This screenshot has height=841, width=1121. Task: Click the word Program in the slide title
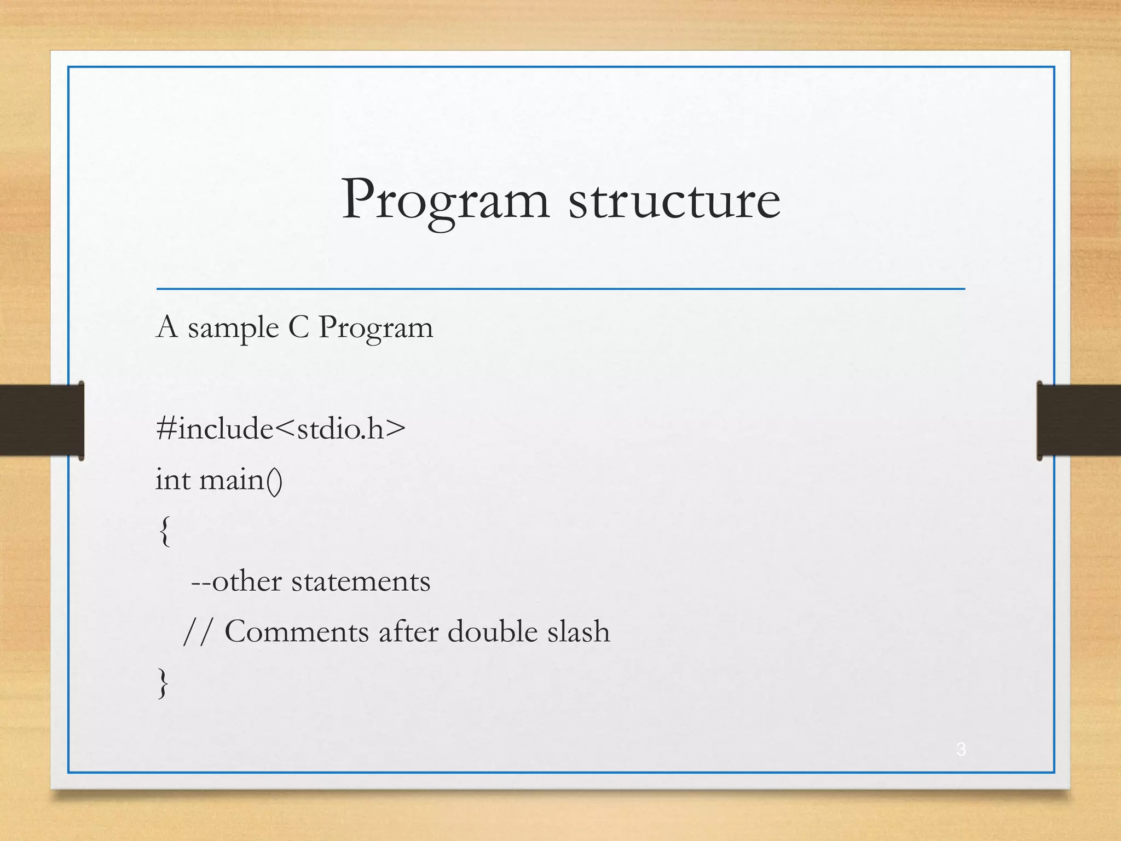(x=444, y=201)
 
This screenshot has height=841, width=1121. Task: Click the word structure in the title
(x=674, y=201)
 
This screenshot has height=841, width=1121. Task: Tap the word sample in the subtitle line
(x=233, y=329)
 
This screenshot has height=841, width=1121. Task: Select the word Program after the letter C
(x=375, y=329)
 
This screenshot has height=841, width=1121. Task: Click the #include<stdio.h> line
(x=281, y=428)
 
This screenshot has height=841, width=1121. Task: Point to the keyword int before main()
(x=173, y=480)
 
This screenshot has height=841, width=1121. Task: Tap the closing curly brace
(x=163, y=682)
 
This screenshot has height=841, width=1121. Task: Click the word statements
(x=360, y=581)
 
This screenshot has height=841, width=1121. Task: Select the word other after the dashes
(x=246, y=581)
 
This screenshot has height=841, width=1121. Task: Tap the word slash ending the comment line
(x=579, y=631)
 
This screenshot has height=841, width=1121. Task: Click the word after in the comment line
(x=408, y=631)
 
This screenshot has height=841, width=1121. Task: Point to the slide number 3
(x=961, y=749)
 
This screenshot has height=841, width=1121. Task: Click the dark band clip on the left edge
(x=42, y=420)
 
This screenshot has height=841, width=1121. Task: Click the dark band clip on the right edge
(x=1078, y=420)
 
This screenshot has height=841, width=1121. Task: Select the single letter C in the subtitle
(x=299, y=327)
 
